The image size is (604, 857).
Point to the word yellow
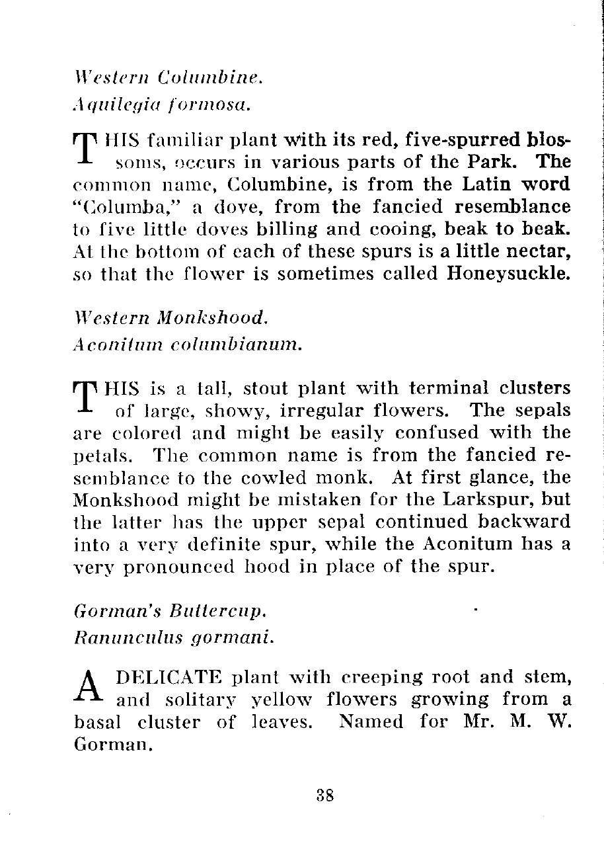[x=274, y=700]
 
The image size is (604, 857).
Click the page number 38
[x=324, y=795]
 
